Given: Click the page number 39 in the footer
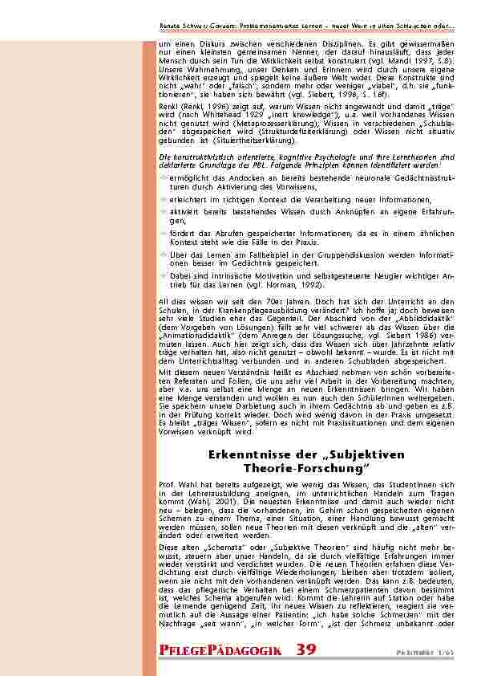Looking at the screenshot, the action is pyautogui.click(x=308, y=649).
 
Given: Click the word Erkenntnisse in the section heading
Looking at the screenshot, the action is pyautogui.click(x=244, y=454).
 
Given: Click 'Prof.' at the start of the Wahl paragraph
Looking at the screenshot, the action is pyautogui.click(x=168, y=486).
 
